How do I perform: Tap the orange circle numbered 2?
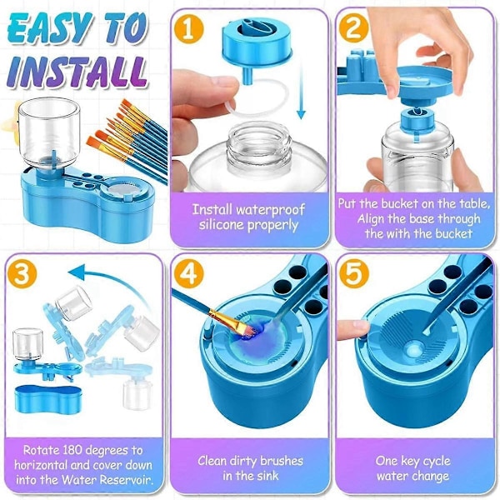[354, 28]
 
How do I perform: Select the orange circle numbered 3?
[22, 273]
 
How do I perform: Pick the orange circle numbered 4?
[189, 273]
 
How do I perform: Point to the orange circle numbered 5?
[354, 273]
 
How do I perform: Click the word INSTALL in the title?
[77, 72]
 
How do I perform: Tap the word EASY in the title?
[47, 28]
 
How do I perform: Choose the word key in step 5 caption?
[412, 462]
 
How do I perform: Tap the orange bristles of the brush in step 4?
[247, 328]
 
